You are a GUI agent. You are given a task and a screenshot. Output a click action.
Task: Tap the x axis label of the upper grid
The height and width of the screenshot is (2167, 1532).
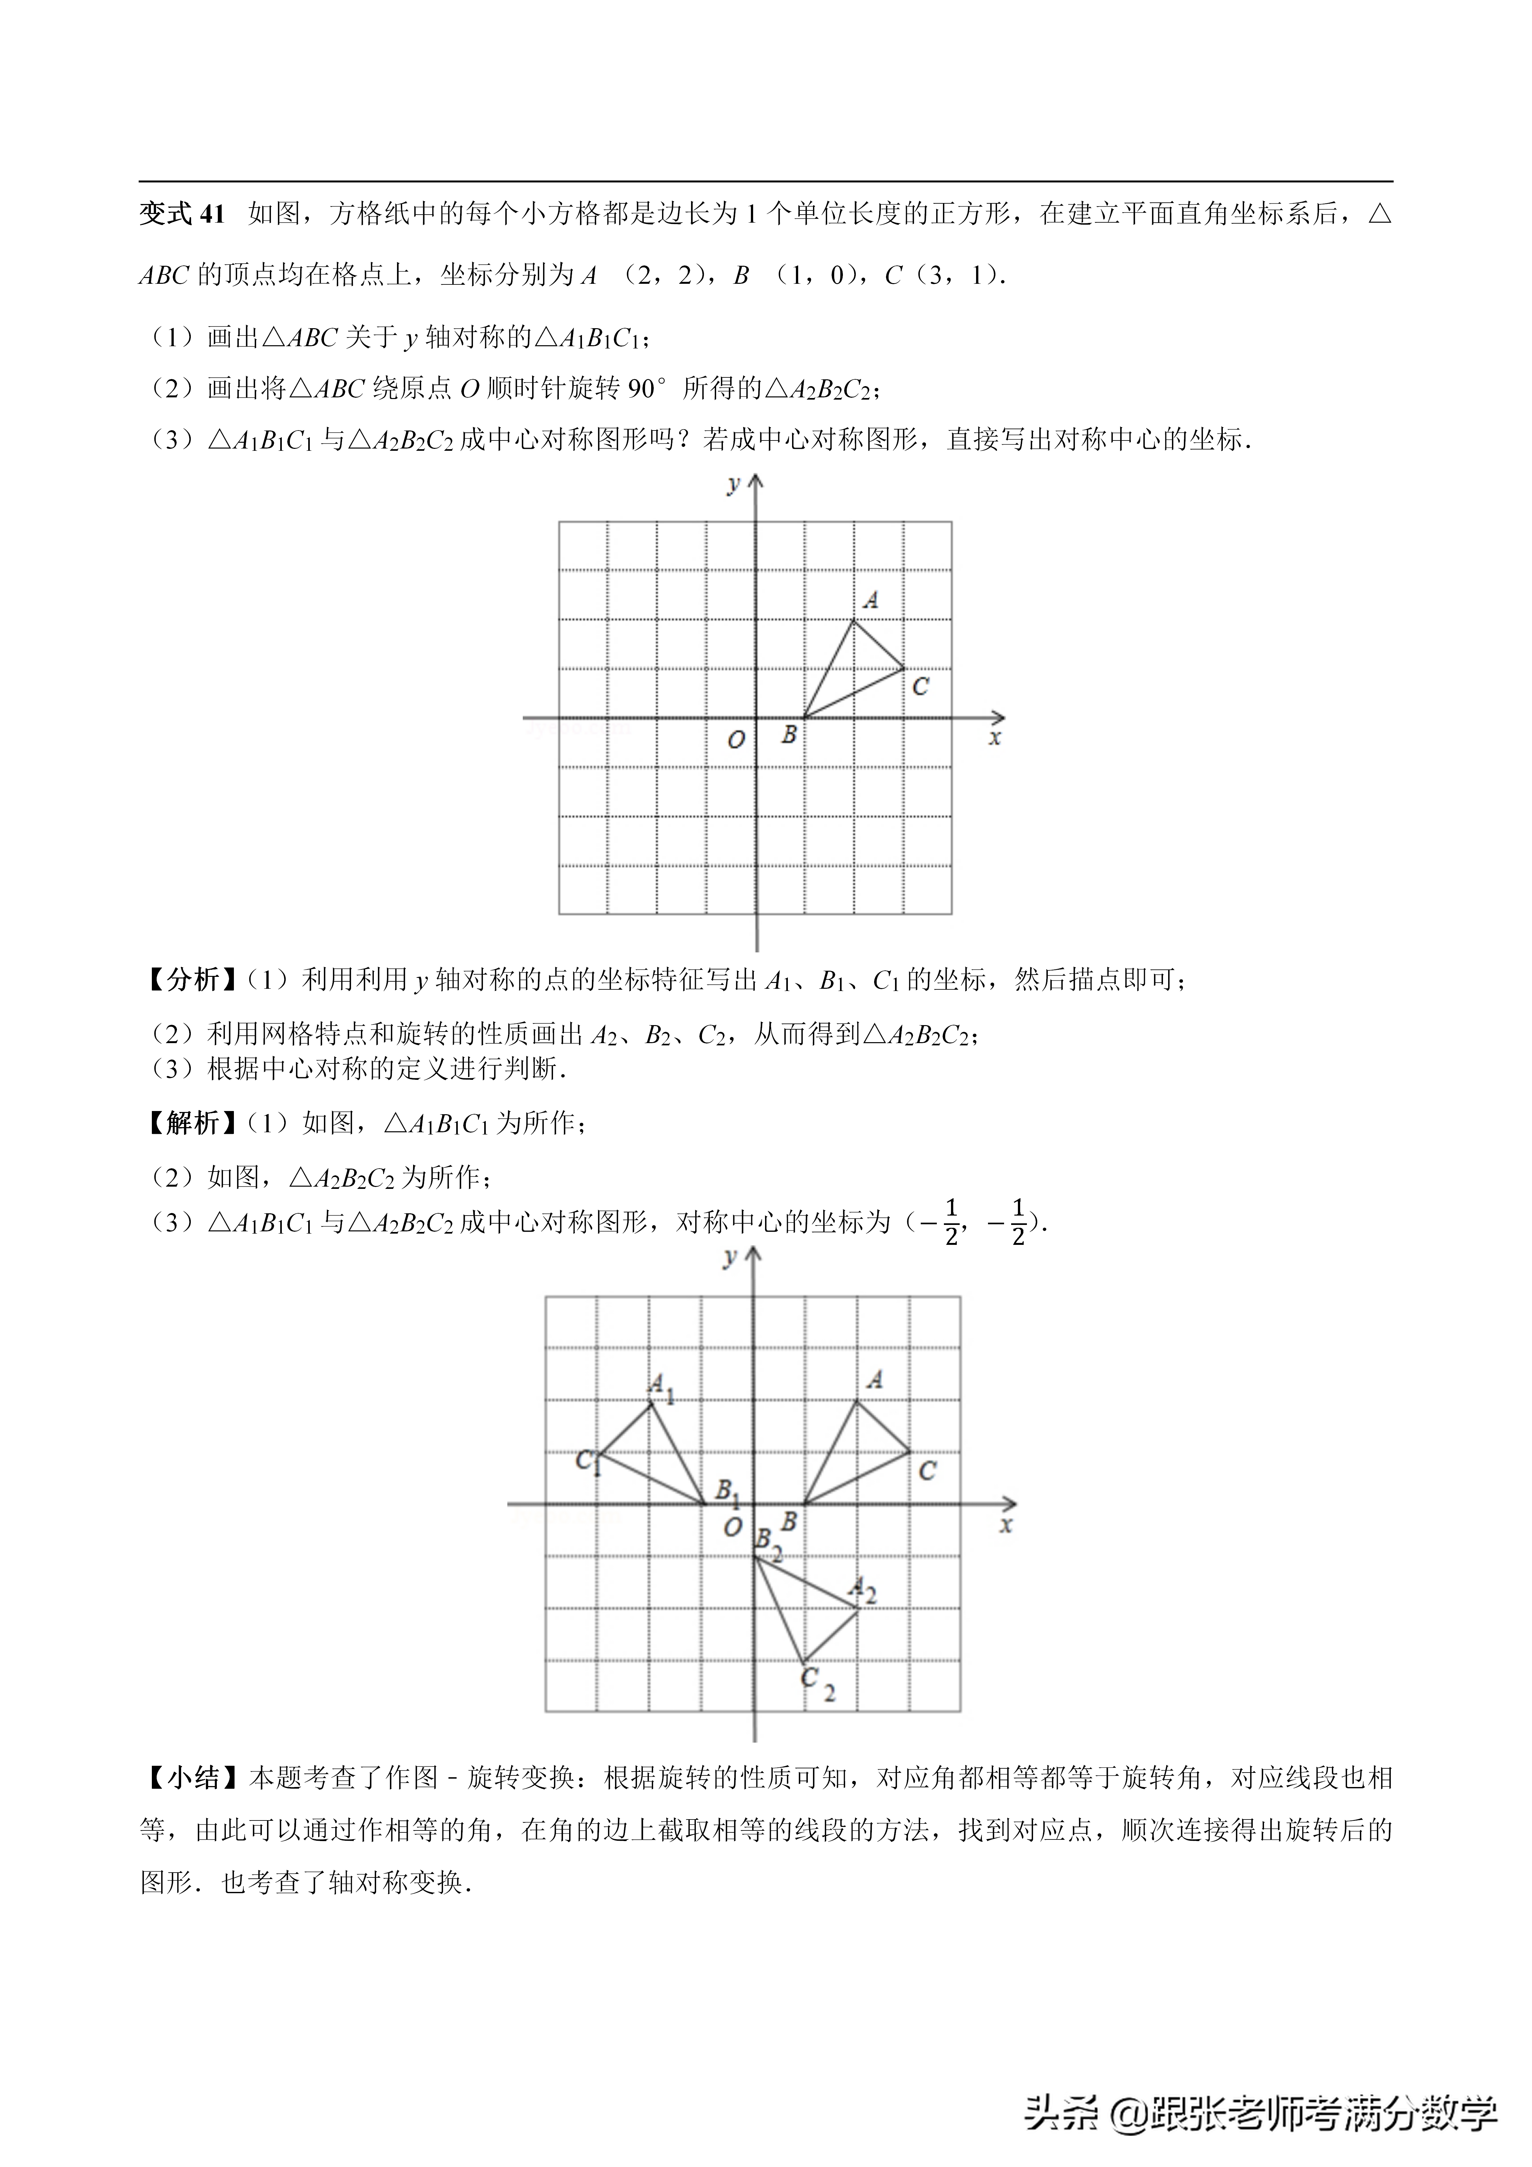[x=994, y=738]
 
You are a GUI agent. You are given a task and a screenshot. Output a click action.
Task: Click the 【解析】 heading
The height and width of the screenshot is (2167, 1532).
[x=192, y=1123]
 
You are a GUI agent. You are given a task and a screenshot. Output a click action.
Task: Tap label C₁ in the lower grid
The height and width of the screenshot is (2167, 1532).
[x=587, y=1462]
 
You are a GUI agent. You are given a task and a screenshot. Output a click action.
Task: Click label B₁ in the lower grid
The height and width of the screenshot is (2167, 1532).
[x=726, y=1492]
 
